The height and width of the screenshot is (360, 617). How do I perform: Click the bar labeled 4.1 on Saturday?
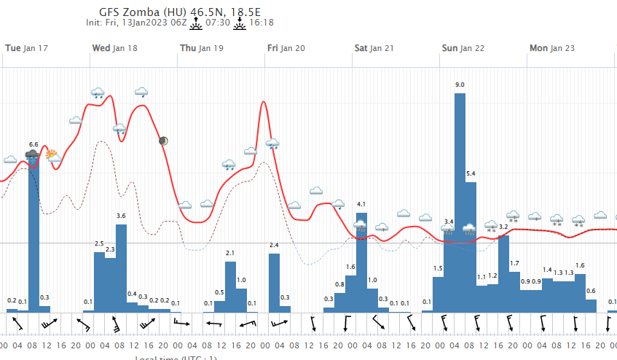tap(361, 262)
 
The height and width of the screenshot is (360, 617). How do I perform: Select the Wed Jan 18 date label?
tap(114, 48)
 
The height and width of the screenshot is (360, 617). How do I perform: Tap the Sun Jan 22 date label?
tap(464, 48)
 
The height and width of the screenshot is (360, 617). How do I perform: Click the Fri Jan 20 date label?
tap(286, 48)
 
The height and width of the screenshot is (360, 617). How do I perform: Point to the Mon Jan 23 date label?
tap(551, 48)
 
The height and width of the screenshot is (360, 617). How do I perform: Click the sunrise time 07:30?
tap(219, 23)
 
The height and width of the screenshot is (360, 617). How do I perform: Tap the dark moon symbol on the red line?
tap(164, 141)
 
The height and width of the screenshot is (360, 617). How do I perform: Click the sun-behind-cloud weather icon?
tap(53, 154)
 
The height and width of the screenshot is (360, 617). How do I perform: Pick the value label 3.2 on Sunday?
tap(503, 227)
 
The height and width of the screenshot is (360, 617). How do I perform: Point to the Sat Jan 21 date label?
tap(374, 48)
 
